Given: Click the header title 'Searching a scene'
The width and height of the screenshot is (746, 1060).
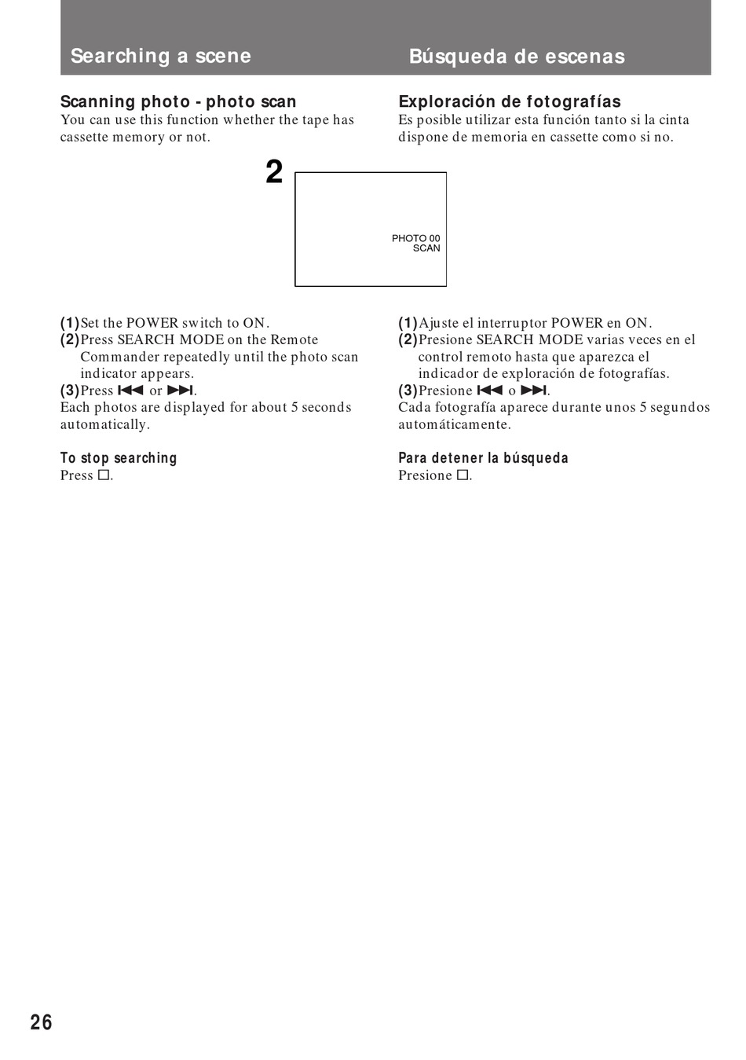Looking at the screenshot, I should click(161, 56).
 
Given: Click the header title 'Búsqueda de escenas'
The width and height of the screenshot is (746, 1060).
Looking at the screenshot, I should click(517, 57).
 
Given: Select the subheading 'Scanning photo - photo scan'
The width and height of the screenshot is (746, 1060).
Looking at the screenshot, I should click(178, 101).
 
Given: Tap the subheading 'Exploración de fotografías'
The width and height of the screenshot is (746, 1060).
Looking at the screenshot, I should click(509, 101).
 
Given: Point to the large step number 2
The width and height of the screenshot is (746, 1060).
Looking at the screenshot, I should click(273, 173).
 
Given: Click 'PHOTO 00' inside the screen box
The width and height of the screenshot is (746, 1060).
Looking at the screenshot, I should click(415, 238).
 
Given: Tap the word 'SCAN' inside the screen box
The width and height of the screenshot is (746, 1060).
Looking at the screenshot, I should click(426, 248).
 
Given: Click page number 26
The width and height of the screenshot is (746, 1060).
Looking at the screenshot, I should click(42, 1022).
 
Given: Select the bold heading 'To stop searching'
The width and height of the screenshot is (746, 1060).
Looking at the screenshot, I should click(119, 458).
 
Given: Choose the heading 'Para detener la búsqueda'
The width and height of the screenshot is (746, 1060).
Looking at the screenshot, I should click(483, 458).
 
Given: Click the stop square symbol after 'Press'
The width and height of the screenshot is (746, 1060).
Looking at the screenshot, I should click(103, 475).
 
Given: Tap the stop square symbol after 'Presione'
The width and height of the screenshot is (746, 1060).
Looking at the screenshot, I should click(463, 475).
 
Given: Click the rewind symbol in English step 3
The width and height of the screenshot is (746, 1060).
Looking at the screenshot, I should click(130, 391).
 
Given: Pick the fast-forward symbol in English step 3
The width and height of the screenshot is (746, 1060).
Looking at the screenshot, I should click(180, 391).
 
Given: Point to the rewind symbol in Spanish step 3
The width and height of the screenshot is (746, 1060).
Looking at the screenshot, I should click(489, 391).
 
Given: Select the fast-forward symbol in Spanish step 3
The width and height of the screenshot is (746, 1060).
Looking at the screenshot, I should click(533, 391).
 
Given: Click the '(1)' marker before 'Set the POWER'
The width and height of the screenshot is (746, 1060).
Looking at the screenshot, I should click(70, 323).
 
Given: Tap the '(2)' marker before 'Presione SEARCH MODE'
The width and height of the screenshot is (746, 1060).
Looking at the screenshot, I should click(408, 340).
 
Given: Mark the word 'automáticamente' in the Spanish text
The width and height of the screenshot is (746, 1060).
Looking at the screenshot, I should click(454, 425).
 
